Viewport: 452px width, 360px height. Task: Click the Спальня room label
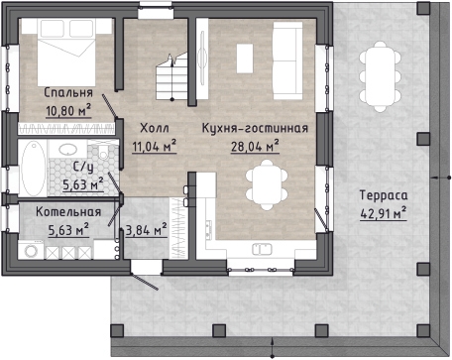click(x=68, y=93)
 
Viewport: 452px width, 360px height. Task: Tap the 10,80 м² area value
click(x=68, y=110)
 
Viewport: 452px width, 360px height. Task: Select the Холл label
click(x=155, y=128)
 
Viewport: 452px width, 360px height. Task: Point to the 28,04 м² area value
click(x=255, y=146)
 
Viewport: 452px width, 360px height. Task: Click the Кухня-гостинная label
click(x=255, y=128)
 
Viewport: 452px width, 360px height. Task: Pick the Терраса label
click(x=384, y=195)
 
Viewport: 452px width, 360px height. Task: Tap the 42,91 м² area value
click(x=384, y=213)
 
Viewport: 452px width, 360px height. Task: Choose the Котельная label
click(x=68, y=212)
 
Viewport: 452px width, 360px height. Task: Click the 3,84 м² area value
click(x=146, y=229)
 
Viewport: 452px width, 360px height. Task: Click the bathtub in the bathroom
click(x=34, y=169)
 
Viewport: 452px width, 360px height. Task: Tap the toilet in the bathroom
click(x=104, y=152)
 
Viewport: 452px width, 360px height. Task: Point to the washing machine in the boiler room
click(x=31, y=250)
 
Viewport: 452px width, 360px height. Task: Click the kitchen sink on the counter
click(x=262, y=249)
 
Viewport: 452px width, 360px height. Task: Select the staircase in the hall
click(x=171, y=77)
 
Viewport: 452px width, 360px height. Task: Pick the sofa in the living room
click(x=287, y=60)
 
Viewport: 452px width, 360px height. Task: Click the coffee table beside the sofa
click(x=245, y=59)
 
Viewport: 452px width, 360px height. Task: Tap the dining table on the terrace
click(x=380, y=76)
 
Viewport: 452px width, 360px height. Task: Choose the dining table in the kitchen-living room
click(x=267, y=184)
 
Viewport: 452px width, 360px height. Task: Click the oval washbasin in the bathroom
click(x=68, y=149)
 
